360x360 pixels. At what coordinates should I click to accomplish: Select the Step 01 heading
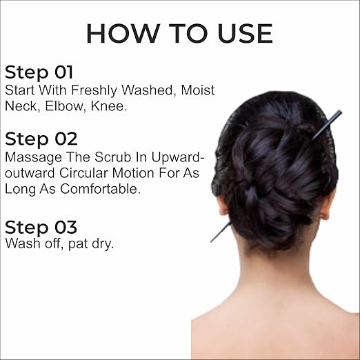(x=39, y=72)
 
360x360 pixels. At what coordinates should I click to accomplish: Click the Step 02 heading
(x=41, y=139)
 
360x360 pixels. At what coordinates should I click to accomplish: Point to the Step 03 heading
(x=41, y=228)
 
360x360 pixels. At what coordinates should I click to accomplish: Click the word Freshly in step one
(x=94, y=90)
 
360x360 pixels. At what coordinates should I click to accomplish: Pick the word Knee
(x=109, y=106)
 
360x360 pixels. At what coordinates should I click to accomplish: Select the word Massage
(x=34, y=158)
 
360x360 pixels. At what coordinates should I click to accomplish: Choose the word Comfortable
(x=100, y=189)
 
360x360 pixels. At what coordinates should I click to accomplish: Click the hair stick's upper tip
(x=341, y=112)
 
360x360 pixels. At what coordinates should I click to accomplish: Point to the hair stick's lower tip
(x=212, y=241)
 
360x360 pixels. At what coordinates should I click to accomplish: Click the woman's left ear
(x=223, y=205)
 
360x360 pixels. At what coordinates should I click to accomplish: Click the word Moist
(x=198, y=90)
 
